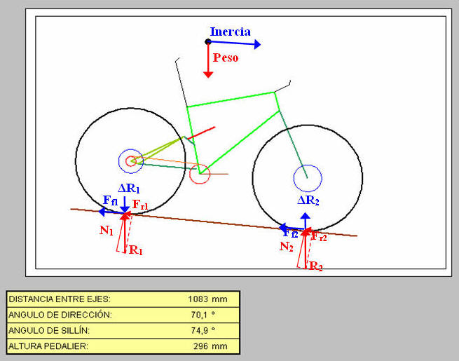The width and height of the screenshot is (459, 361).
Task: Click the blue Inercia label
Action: coord(231,32)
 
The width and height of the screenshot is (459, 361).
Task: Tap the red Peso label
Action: coord(226,57)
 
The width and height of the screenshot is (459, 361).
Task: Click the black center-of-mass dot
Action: coord(208,41)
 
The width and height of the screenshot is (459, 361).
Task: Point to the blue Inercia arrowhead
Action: coord(257,44)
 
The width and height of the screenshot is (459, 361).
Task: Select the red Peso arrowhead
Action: coord(208,75)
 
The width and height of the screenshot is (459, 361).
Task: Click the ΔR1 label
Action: coord(128,189)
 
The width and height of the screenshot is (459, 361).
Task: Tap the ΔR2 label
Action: coord(308,200)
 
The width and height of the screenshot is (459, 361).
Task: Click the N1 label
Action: coord(107,231)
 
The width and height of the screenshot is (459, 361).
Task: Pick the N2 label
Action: coord(287,247)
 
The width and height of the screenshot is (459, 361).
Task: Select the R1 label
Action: coord(135,250)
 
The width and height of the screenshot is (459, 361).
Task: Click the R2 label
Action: coord(316,266)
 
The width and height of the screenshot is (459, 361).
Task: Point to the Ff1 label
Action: coord(110,200)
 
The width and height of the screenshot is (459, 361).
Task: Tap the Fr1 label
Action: coord(140,205)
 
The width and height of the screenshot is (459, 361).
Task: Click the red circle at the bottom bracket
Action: coord(199,184)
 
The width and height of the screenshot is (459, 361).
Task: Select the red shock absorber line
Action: coord(201,133)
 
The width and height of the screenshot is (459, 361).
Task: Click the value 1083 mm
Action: coord(207,299)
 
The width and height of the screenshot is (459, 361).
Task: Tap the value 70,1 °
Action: coord(203,315)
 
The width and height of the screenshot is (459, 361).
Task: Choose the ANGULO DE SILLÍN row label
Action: coord(49,331)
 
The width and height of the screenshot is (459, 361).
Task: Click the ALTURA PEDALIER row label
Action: coord(48,346)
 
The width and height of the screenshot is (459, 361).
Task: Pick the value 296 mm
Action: coord(210,346)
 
